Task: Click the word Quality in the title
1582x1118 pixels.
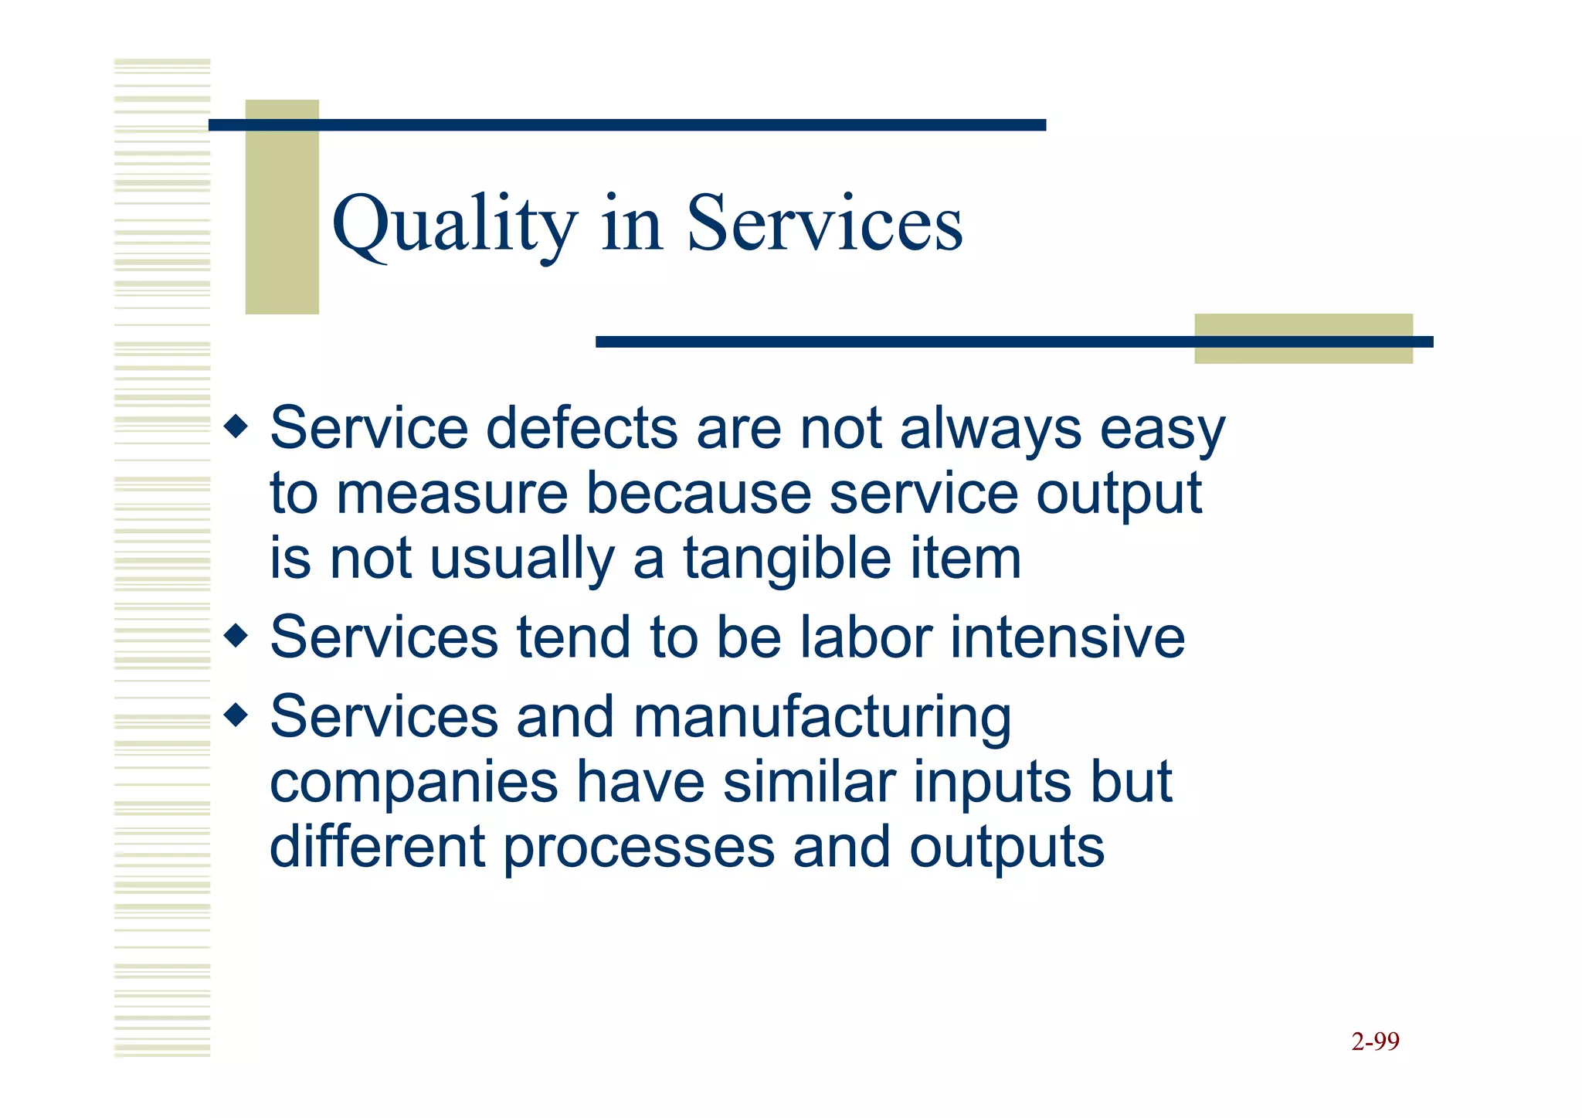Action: click(454, 224)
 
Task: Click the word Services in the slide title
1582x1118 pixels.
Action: click(824, 224)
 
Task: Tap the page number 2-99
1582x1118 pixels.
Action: click(1375, 1042)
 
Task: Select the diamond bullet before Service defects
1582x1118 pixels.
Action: click(236, 426)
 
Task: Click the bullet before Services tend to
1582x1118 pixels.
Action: click(236, 637)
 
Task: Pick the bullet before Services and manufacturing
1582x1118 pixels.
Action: click(236, 715)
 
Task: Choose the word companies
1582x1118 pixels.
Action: click(414, 783)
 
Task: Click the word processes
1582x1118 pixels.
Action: click(639, 848)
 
